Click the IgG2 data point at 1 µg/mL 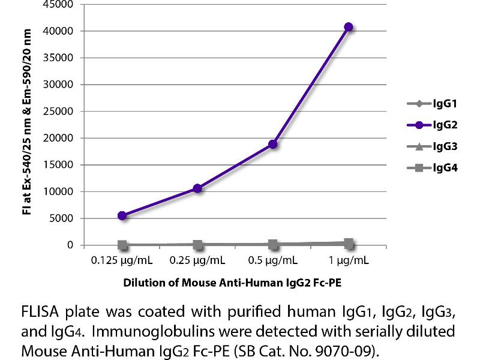[348, 27]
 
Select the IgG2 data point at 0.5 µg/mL [273, 144]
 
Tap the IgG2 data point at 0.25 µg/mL [197, 188]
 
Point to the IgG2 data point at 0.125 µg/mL [122, 215]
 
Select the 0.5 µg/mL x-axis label [273, 262]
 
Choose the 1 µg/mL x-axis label [348, 262]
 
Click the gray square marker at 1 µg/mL [348, 243]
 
